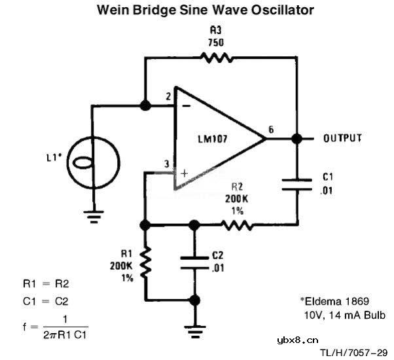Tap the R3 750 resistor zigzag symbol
point(215,58)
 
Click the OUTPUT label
point(342,138)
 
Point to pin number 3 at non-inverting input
point(168,164)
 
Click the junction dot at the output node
point(296,139)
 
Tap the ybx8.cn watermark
point(298,339)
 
